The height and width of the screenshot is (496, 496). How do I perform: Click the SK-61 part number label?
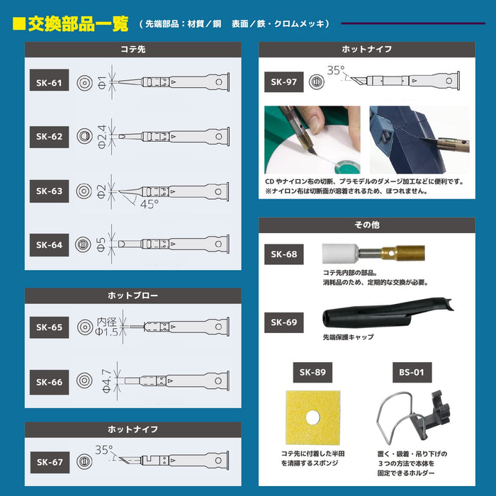[49, 83]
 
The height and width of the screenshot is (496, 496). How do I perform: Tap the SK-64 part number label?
[49, 245]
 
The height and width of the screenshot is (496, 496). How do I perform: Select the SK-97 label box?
[282, 81]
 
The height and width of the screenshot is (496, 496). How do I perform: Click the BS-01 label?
[412, 372]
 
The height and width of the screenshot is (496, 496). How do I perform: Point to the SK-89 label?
[313, 372]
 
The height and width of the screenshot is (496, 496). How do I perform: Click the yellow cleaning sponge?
[312, 419]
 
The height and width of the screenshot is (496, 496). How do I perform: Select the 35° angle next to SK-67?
[103, 449]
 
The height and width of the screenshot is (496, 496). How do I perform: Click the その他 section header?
[366, 225]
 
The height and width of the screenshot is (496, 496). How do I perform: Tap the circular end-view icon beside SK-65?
[84, 327]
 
